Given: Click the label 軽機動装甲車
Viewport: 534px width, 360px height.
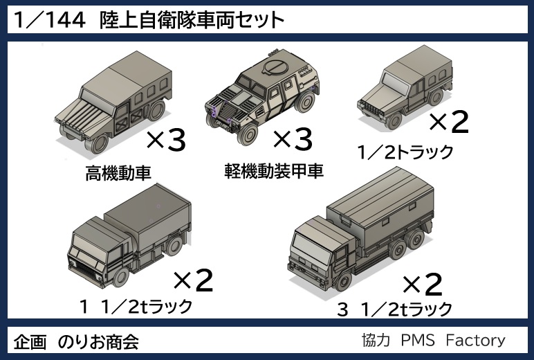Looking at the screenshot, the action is pos(274,171).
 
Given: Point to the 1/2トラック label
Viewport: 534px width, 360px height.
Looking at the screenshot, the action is pos(405,151).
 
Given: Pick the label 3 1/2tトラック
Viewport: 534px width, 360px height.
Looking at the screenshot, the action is pos(394,309).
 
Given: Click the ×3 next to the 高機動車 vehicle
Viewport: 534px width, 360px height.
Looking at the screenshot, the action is pos(166,142).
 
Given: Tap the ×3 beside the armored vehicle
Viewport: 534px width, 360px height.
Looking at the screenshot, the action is pos(293,140).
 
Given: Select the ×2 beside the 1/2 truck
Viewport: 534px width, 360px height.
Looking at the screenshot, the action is pos(450,123).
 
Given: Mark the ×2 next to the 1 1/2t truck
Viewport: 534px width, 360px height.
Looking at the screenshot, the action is pos(193,280).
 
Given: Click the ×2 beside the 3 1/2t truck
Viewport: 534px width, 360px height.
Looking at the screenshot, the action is pos(422,283).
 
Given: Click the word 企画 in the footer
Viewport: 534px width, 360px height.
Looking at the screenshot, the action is pos(30,341).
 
